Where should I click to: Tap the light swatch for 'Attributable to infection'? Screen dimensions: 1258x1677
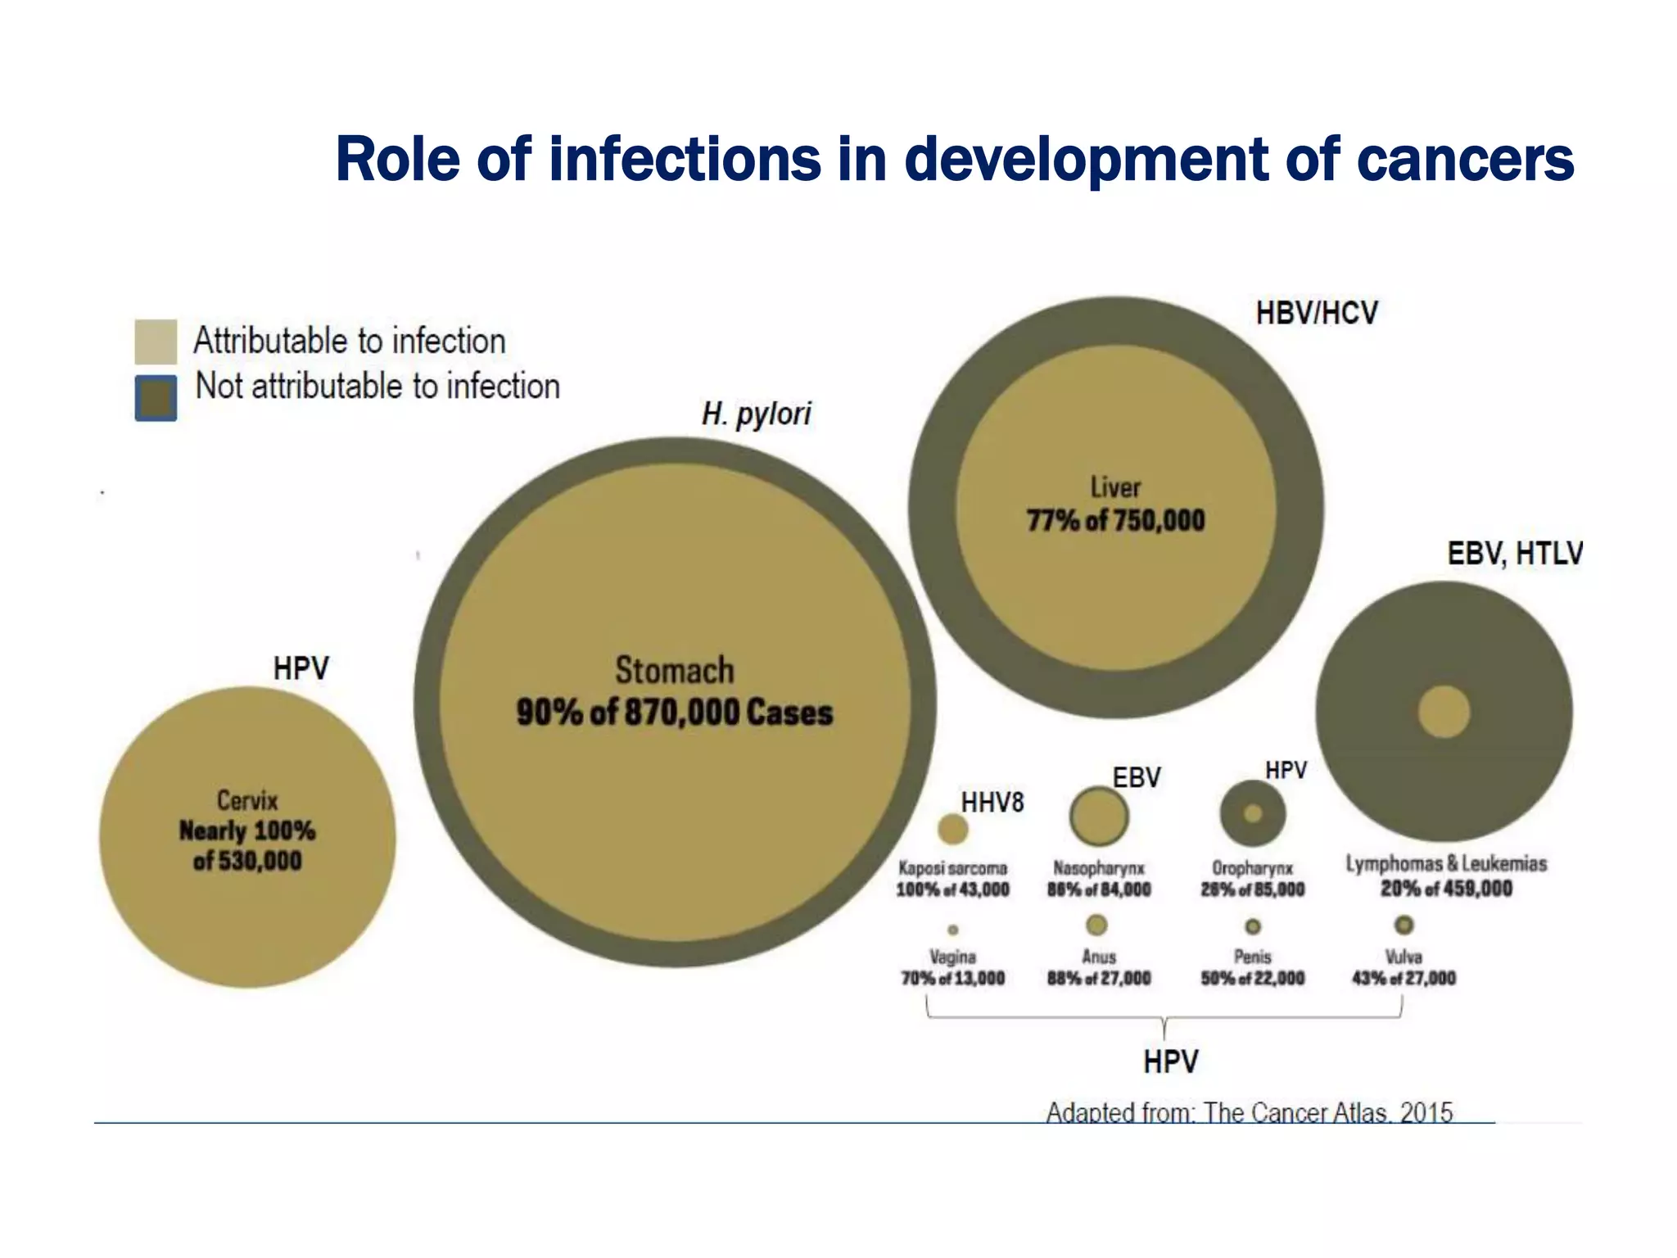click(x=156, y=342)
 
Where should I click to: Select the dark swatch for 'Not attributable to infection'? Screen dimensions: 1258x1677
click(x=156, y=398)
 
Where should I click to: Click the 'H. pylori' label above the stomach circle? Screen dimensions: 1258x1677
click(x=756, y=414)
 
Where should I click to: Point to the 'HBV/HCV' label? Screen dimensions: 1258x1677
click(x=1317, y=313)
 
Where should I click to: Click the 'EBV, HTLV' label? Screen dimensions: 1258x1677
click(x=1514, y=554)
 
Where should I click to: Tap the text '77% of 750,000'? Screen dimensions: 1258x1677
click(x=1115, y=521)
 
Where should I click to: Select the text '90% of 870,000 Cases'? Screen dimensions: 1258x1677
click(x=674, y=713)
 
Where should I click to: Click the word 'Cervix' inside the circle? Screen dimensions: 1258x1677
click(x=247, y=800)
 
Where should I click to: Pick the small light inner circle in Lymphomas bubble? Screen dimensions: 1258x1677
click(x=1444, y=712)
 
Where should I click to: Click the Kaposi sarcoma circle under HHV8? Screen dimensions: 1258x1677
click(x=952, y=829)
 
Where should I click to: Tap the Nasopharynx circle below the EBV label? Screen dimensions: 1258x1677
click(x=1098, y=817)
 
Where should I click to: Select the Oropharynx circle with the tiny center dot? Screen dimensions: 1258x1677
click(x=1252, y=814)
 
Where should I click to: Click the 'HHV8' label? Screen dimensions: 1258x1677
click(x=992, y=803)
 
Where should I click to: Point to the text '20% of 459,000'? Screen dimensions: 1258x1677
click(x=1446, y=889)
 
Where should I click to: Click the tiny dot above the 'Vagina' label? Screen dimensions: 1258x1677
click(x=952, y=930)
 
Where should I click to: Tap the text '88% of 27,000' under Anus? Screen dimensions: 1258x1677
click(x=1099, y=978)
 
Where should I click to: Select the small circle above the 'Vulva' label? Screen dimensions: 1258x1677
click(x=1404, y=925)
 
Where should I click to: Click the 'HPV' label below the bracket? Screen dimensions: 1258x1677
click(x=1170, y=1062)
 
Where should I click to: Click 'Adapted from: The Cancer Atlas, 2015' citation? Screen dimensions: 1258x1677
click(x=1249, y=1112)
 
